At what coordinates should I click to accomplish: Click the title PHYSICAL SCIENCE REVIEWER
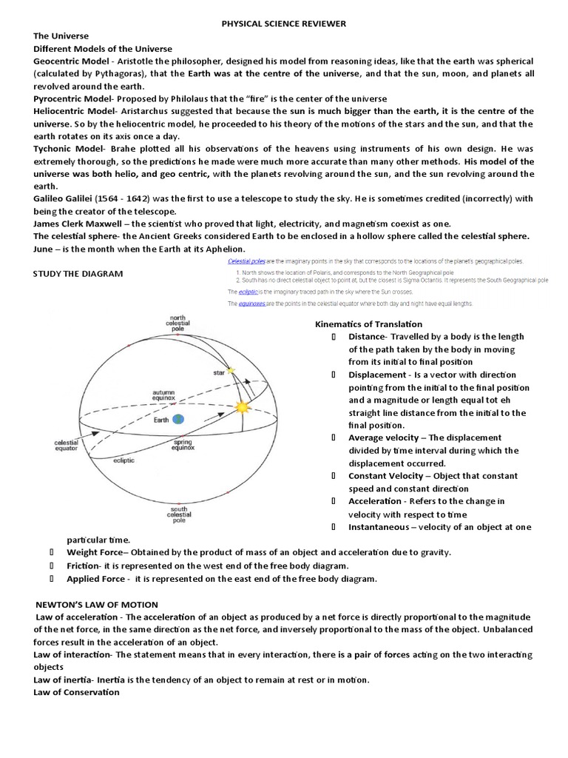coord(284,24)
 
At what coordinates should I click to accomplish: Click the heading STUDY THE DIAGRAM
coord(78,274)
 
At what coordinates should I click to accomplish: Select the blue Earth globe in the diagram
coord(178,419)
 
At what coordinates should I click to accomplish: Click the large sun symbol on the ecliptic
coord(242,407)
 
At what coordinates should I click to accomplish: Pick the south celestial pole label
coord(179,514)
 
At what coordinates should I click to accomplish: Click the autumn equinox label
coord(163,395)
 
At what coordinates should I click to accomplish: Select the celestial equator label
coord(67,446)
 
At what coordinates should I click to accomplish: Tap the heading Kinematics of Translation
coord(368,324)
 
